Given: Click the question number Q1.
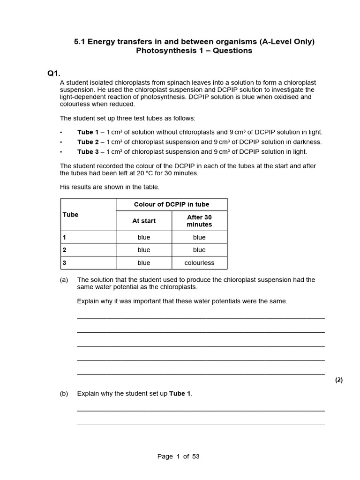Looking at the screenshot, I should pos(54,73).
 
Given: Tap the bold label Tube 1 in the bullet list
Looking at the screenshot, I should pos(88,132).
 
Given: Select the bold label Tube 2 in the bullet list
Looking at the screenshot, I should pos(88,142).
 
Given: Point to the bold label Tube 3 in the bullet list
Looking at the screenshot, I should pos(88,151).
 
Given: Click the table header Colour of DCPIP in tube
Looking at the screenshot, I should pos(172,204).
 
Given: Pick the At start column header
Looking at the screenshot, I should pos(144,221).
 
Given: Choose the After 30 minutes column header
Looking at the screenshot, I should pos(199,221).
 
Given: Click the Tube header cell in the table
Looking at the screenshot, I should pos(70,215).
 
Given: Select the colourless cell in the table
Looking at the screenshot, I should pos(199,263).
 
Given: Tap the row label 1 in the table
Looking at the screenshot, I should pos(65,238).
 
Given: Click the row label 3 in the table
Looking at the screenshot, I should pos(65,263).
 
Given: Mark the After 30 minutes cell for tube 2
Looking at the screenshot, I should pos(199,250).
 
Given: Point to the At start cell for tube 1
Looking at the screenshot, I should pos(144,238).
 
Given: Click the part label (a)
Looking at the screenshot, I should pos(64,280).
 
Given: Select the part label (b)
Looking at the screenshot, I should pos(64,394).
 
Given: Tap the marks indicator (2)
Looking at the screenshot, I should pos(339,380).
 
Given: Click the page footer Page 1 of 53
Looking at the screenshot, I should pos(179,457).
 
